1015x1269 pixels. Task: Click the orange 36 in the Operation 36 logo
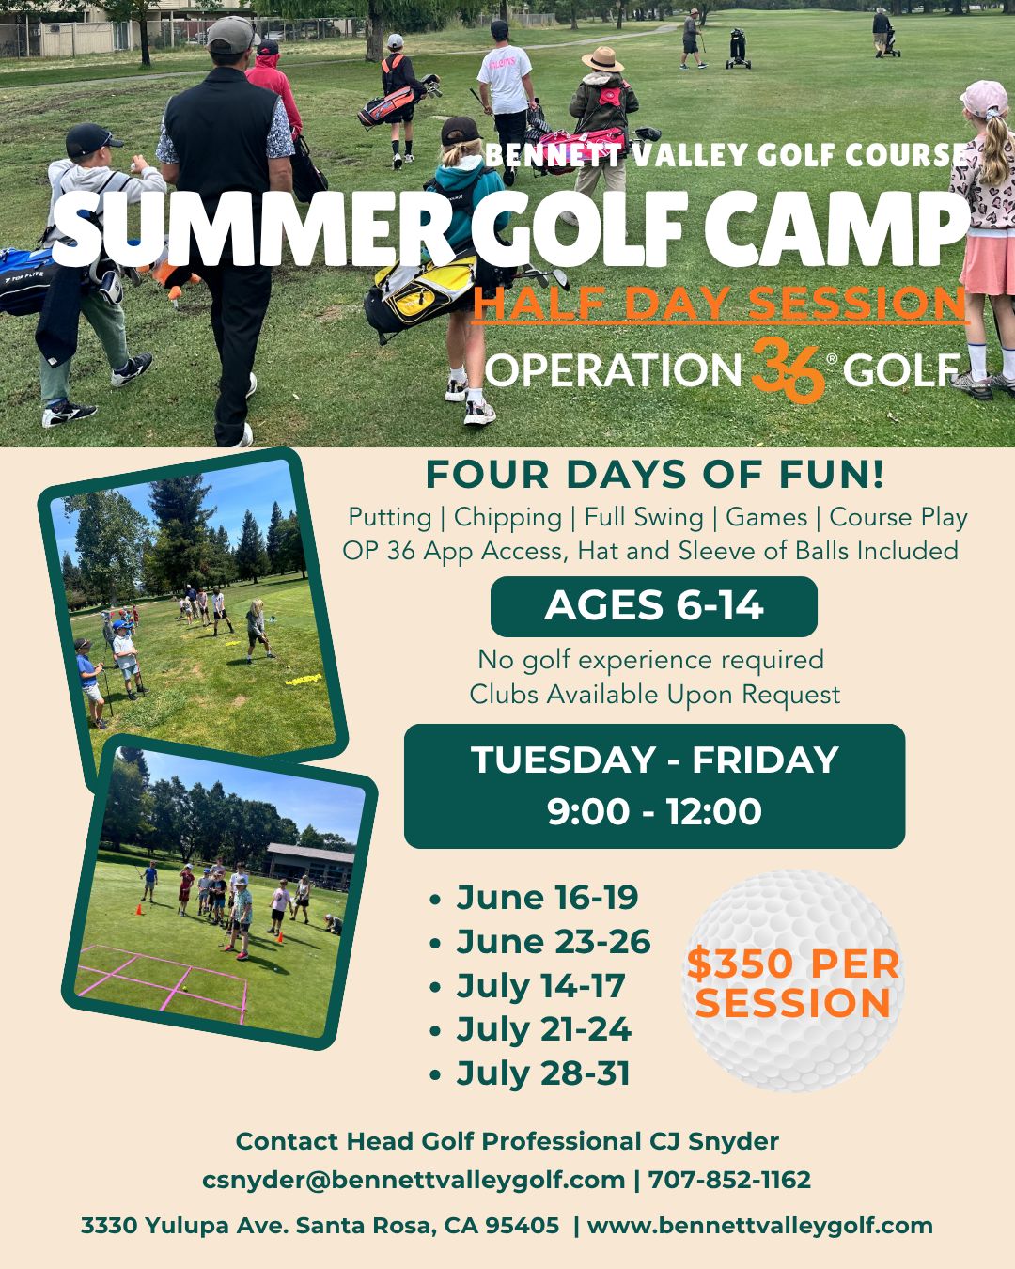coord(788,369)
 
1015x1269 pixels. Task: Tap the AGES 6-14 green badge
coord(653,606)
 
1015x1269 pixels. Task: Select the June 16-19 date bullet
coord(546,898)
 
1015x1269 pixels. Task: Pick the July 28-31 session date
coord(542,1073)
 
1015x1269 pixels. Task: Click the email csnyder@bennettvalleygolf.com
coord(414,1180)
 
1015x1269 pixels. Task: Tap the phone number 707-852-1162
coord(729,1180)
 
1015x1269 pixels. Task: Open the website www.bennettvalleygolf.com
coord(759,1226)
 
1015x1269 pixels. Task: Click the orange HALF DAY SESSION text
coord(720,304)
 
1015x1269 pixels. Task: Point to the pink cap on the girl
coord(984,98)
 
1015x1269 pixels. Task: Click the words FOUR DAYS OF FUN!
coord(654,475)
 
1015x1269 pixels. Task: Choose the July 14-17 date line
coord(540,986)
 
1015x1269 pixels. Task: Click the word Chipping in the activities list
coord(507,517)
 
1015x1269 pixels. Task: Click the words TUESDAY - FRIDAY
coord(654,760)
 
